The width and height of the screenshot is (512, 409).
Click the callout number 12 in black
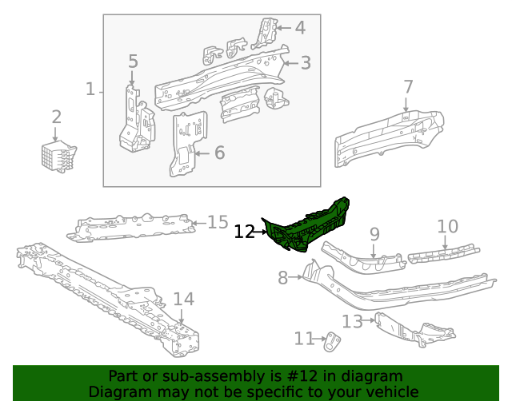[244, 232]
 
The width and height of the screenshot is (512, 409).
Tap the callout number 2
[56, 117]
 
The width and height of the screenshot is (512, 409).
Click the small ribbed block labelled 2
[58, 156]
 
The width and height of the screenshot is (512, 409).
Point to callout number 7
[408, 86]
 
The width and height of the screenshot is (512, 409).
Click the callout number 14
[183, 300]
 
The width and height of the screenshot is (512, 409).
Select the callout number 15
[218, 221]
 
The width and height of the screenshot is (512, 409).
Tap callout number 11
[304, 339]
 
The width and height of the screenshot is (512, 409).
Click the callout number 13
[352, 321]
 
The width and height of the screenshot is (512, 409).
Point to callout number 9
[374, 233]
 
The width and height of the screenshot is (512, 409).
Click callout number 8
[282, 278]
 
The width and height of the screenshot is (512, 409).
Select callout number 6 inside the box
[219, 153]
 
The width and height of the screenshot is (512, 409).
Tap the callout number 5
[133, 61]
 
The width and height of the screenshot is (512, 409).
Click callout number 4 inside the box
[299, 28]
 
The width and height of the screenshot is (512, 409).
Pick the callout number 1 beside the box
[90, 89]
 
